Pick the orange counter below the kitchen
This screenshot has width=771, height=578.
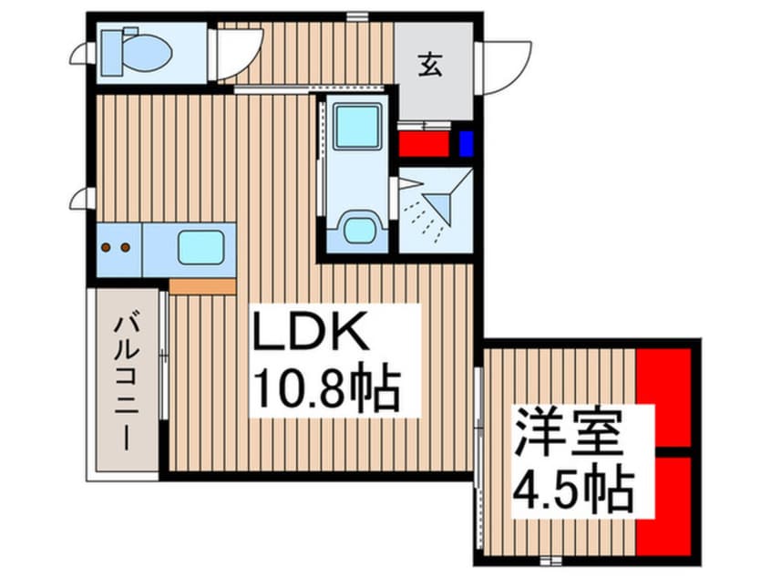(x=202, y=285)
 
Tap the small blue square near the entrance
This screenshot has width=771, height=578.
(x=467, y=144)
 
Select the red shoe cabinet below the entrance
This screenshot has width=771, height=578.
(x=424, y=144)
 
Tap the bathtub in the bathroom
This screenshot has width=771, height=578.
(x=356, y=133)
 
